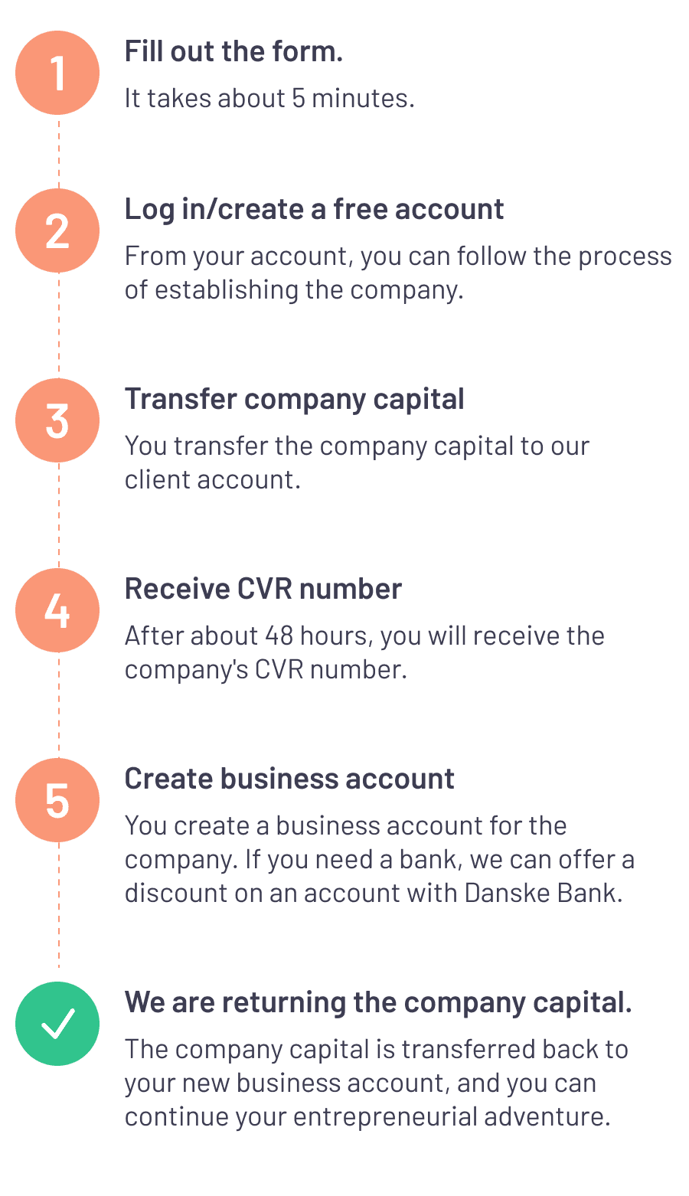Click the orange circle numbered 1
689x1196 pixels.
point(57,73)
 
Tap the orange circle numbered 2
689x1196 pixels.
point(57,230)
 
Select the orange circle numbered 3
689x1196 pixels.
point(57,420)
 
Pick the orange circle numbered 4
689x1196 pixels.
point(57,610)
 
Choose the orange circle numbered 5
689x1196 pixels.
point(57,800)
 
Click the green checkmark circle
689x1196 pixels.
point(57,1024)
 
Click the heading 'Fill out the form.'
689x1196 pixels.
point(233,52)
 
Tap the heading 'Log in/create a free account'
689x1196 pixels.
point(314,209)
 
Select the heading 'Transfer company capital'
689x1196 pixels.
point(294,399)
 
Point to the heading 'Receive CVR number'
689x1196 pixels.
point(263,589)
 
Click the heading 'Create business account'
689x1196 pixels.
point(289,779)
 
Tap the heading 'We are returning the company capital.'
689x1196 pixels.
point(378,1002)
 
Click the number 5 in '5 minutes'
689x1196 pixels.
point(299,99)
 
